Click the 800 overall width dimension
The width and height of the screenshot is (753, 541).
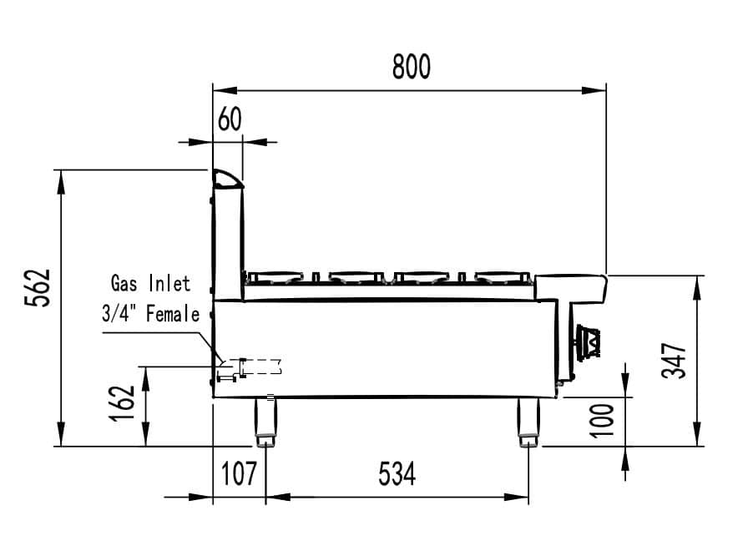pyautogui.click(x=412, y=67)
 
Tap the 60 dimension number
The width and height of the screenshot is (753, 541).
pyautogui.click(x=230, y=119)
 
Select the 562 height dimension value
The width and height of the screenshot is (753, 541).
pyautogui.click(x=38, y=288)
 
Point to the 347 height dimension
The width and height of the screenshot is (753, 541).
pyautogui.click(x=674, y=361)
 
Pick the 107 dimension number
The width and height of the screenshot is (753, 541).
pyautogui.click(x=239, y=473)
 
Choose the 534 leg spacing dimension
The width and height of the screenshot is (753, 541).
pyautogui.click(x=397, y=473)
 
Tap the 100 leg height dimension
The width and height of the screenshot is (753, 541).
pyautogui.click(x=602, y=421)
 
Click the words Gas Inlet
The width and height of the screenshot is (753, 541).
pyautogui.click(x=150, y=283)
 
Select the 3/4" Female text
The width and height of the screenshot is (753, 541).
pyautogui.click(x=150, y=314)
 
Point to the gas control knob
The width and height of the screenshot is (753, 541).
pyautogui.click(x=588, y=341)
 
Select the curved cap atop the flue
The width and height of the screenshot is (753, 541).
pyautogui.click(x=228, y=179)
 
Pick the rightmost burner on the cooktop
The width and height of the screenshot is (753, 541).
pyautogui.click(x=503, y=276)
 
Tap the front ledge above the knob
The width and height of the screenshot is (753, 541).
pyautogui.click(x=571, y=288)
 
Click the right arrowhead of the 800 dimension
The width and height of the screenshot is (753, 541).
pyautogui.click(x=594, y=90)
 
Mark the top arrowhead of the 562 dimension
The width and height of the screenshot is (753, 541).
pyautogui.click(x=61, y=182)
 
